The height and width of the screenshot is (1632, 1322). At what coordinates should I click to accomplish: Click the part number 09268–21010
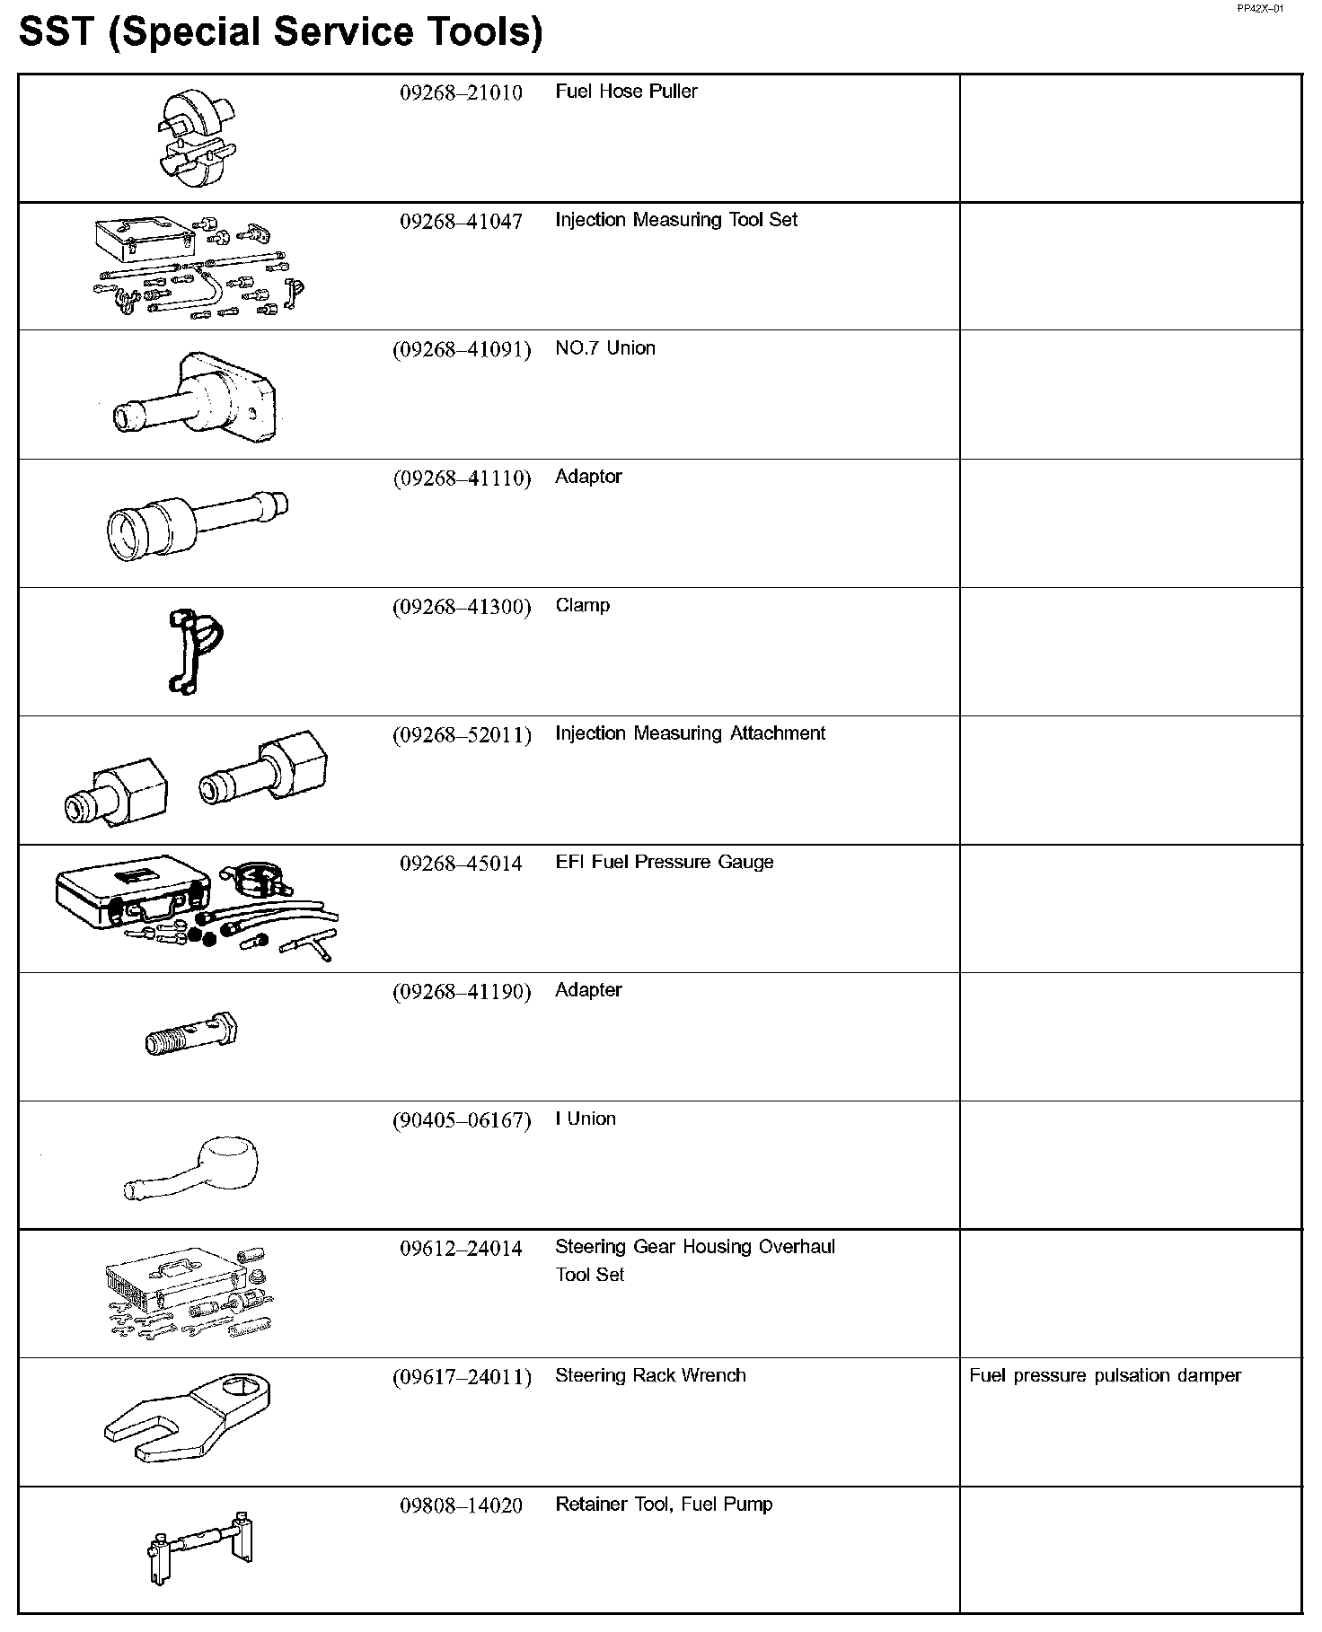(x=461, y=92)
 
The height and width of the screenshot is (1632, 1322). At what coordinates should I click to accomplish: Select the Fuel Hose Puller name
(x=626, y=92)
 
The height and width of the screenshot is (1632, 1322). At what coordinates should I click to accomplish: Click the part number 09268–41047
(x=461, y=221)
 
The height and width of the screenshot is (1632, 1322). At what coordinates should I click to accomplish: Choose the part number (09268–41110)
(x=462, y=478)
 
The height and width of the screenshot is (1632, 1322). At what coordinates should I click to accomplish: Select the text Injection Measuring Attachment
(x=690, y=733)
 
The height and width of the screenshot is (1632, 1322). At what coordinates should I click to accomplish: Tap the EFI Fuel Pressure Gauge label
(x=664, y=862)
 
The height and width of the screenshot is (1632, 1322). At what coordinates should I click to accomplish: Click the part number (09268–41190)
(x=462, y=992)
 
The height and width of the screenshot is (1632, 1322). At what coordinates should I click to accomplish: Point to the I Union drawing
(x=192, y=1166)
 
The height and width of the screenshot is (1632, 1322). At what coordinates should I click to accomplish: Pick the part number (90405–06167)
(x=462, y=1120)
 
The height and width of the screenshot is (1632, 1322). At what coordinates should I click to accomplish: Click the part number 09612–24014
(x=461, y=1249)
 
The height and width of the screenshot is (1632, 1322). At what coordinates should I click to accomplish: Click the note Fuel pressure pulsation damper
(x=1105, y=1376)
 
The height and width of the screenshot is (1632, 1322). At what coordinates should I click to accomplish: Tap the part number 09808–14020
(x=461, y=1505)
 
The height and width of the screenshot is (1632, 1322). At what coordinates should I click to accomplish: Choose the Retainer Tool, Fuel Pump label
(x=664, y=1505)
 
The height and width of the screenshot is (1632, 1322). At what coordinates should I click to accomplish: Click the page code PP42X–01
(x=1260, y=9)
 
